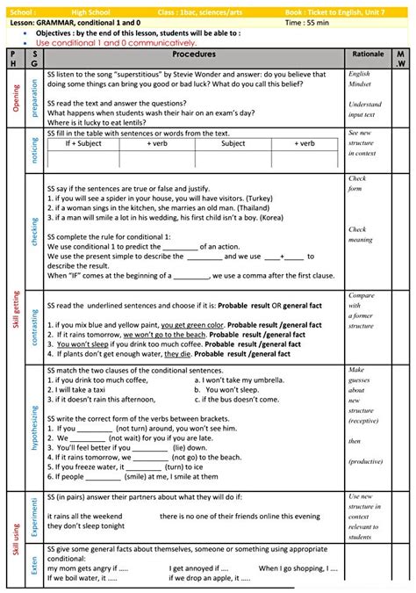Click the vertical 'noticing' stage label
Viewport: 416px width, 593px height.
tap(34, 150)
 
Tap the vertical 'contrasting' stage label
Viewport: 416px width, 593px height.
tap(34, 329)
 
